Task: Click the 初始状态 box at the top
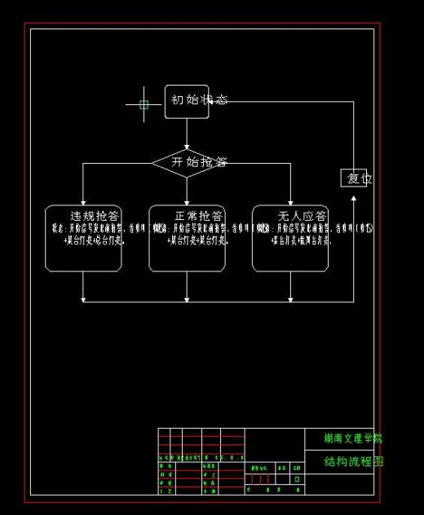(187, 101)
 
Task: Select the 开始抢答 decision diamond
(187, 162)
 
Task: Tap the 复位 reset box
(355, 178)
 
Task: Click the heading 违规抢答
(95, 216)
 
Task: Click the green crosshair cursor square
(144, 104)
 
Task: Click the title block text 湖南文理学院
(352, 438)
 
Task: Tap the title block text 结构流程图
(352, 461)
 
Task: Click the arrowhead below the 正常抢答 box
(187, 298)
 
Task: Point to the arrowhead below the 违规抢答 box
(83, 298)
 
